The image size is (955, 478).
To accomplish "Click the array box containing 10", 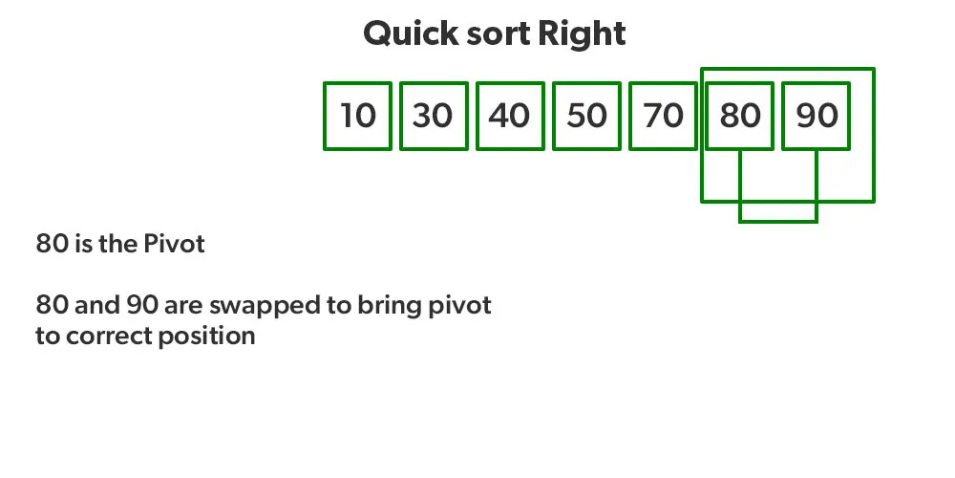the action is pyautogui.click(x=357, y=116).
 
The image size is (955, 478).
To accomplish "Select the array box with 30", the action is pyautogui.click(x=434, y=116).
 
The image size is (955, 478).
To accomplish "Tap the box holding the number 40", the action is pyautogui.click(x=510, y=116).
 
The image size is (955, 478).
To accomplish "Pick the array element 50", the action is pyautogui.click(x=586, y=116).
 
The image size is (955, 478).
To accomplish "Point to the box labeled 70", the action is pyautogui.click(x=664, y=116).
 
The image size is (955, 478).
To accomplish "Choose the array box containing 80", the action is pyautogui.click(x=739, y=116).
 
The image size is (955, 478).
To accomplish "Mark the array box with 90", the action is pyautogui.click(x=817, y=116).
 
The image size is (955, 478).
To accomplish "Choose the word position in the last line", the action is pyautogui.click(x=207, y=337).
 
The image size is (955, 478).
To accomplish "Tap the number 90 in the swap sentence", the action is pyautogui.click(x=142, y=305).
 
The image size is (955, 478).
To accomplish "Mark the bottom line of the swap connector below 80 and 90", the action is pyautogui.click(x=777, y=222).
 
